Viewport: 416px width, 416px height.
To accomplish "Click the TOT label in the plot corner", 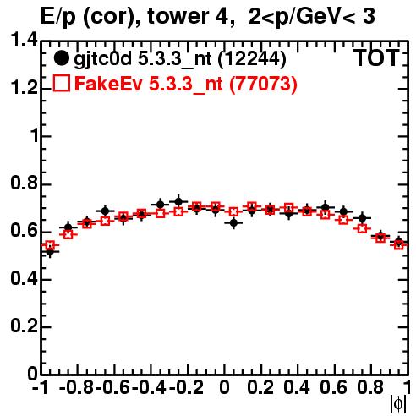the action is pyautogui.click(x=376, y=57).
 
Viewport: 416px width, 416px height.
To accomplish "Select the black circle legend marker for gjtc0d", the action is pyautogui.click(x=61, y=58).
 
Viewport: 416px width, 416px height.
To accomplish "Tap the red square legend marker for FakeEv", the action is pyautogui.click(x=61, y=84).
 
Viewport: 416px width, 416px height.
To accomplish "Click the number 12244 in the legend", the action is pyautogui.click(x=252, y=59).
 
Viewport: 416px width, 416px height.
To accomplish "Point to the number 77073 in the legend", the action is pyautogui.click(x=263, y=84).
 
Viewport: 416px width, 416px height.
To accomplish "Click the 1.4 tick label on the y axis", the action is pyautogui.click(x=24, y=40).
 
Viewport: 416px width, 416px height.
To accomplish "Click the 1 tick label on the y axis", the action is pyautogui.click(x=35, y=135).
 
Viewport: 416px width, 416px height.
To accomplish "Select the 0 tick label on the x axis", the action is pyautogui.click(x=224, y=387).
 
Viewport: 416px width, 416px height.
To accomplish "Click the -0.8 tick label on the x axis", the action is pyautogui.click(x=77, y=387).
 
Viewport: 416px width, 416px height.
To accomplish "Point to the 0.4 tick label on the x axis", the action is pyautogui.click(x=297, y=387).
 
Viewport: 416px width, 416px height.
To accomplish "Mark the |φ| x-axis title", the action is pyautogui.click(x=397, y=404).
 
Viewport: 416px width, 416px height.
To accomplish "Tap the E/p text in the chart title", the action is pyautogui.click(x=58, y=17).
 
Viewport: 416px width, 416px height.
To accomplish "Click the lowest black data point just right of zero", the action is pyautogui.click(x=233, y=223).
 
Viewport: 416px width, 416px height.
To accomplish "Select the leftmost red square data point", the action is pyautogui.click(x=50, y=245).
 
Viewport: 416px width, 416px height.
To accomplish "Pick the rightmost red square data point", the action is pyautogui.click(x=399, y=244).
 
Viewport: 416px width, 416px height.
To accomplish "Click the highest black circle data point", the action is pyautogui.click(x=178, y=201).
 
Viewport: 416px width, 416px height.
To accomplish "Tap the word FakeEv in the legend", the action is pyautogui.click(x=108, y=84).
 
